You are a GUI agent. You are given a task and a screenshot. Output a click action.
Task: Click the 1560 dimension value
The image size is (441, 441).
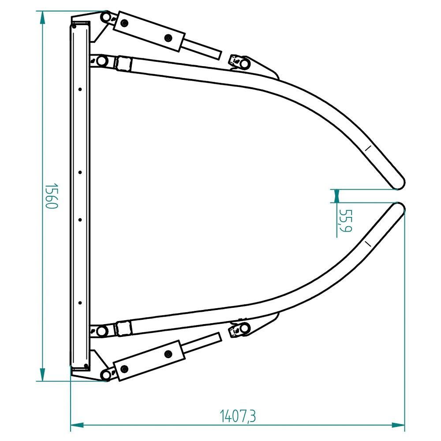52,196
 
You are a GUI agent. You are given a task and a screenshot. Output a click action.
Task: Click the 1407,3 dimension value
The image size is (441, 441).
238,416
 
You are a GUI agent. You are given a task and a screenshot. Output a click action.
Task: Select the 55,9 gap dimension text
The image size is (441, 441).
345,220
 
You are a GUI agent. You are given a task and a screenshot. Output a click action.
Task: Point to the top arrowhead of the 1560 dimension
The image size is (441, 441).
42,18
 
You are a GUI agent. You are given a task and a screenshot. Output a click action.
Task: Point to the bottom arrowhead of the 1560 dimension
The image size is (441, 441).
42,374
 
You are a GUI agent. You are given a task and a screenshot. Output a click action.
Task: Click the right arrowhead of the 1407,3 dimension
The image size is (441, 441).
398,425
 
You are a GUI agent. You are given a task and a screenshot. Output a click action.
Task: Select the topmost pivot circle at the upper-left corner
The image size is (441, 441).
106,17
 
